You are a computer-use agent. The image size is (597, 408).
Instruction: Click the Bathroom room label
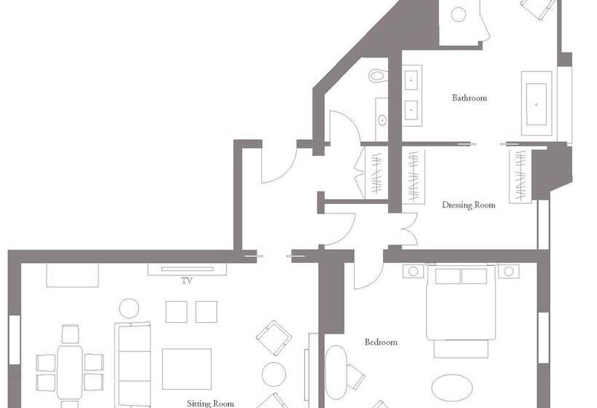[469, 98]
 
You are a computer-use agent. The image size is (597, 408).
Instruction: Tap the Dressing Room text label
[468, 205]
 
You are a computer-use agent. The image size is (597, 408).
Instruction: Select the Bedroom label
[381, 342]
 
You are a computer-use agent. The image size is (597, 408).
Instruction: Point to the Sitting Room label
[212, 402]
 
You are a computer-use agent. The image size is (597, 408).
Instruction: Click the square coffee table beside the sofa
[186, 369]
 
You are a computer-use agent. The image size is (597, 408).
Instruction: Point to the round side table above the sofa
[129, 308]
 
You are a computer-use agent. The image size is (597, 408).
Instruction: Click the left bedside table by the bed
[414, 271]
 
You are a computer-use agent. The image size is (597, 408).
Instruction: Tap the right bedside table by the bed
[508, 271]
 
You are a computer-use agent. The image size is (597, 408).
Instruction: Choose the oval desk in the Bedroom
[336, 369]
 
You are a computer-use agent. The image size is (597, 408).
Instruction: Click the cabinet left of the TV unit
[72, 275]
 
